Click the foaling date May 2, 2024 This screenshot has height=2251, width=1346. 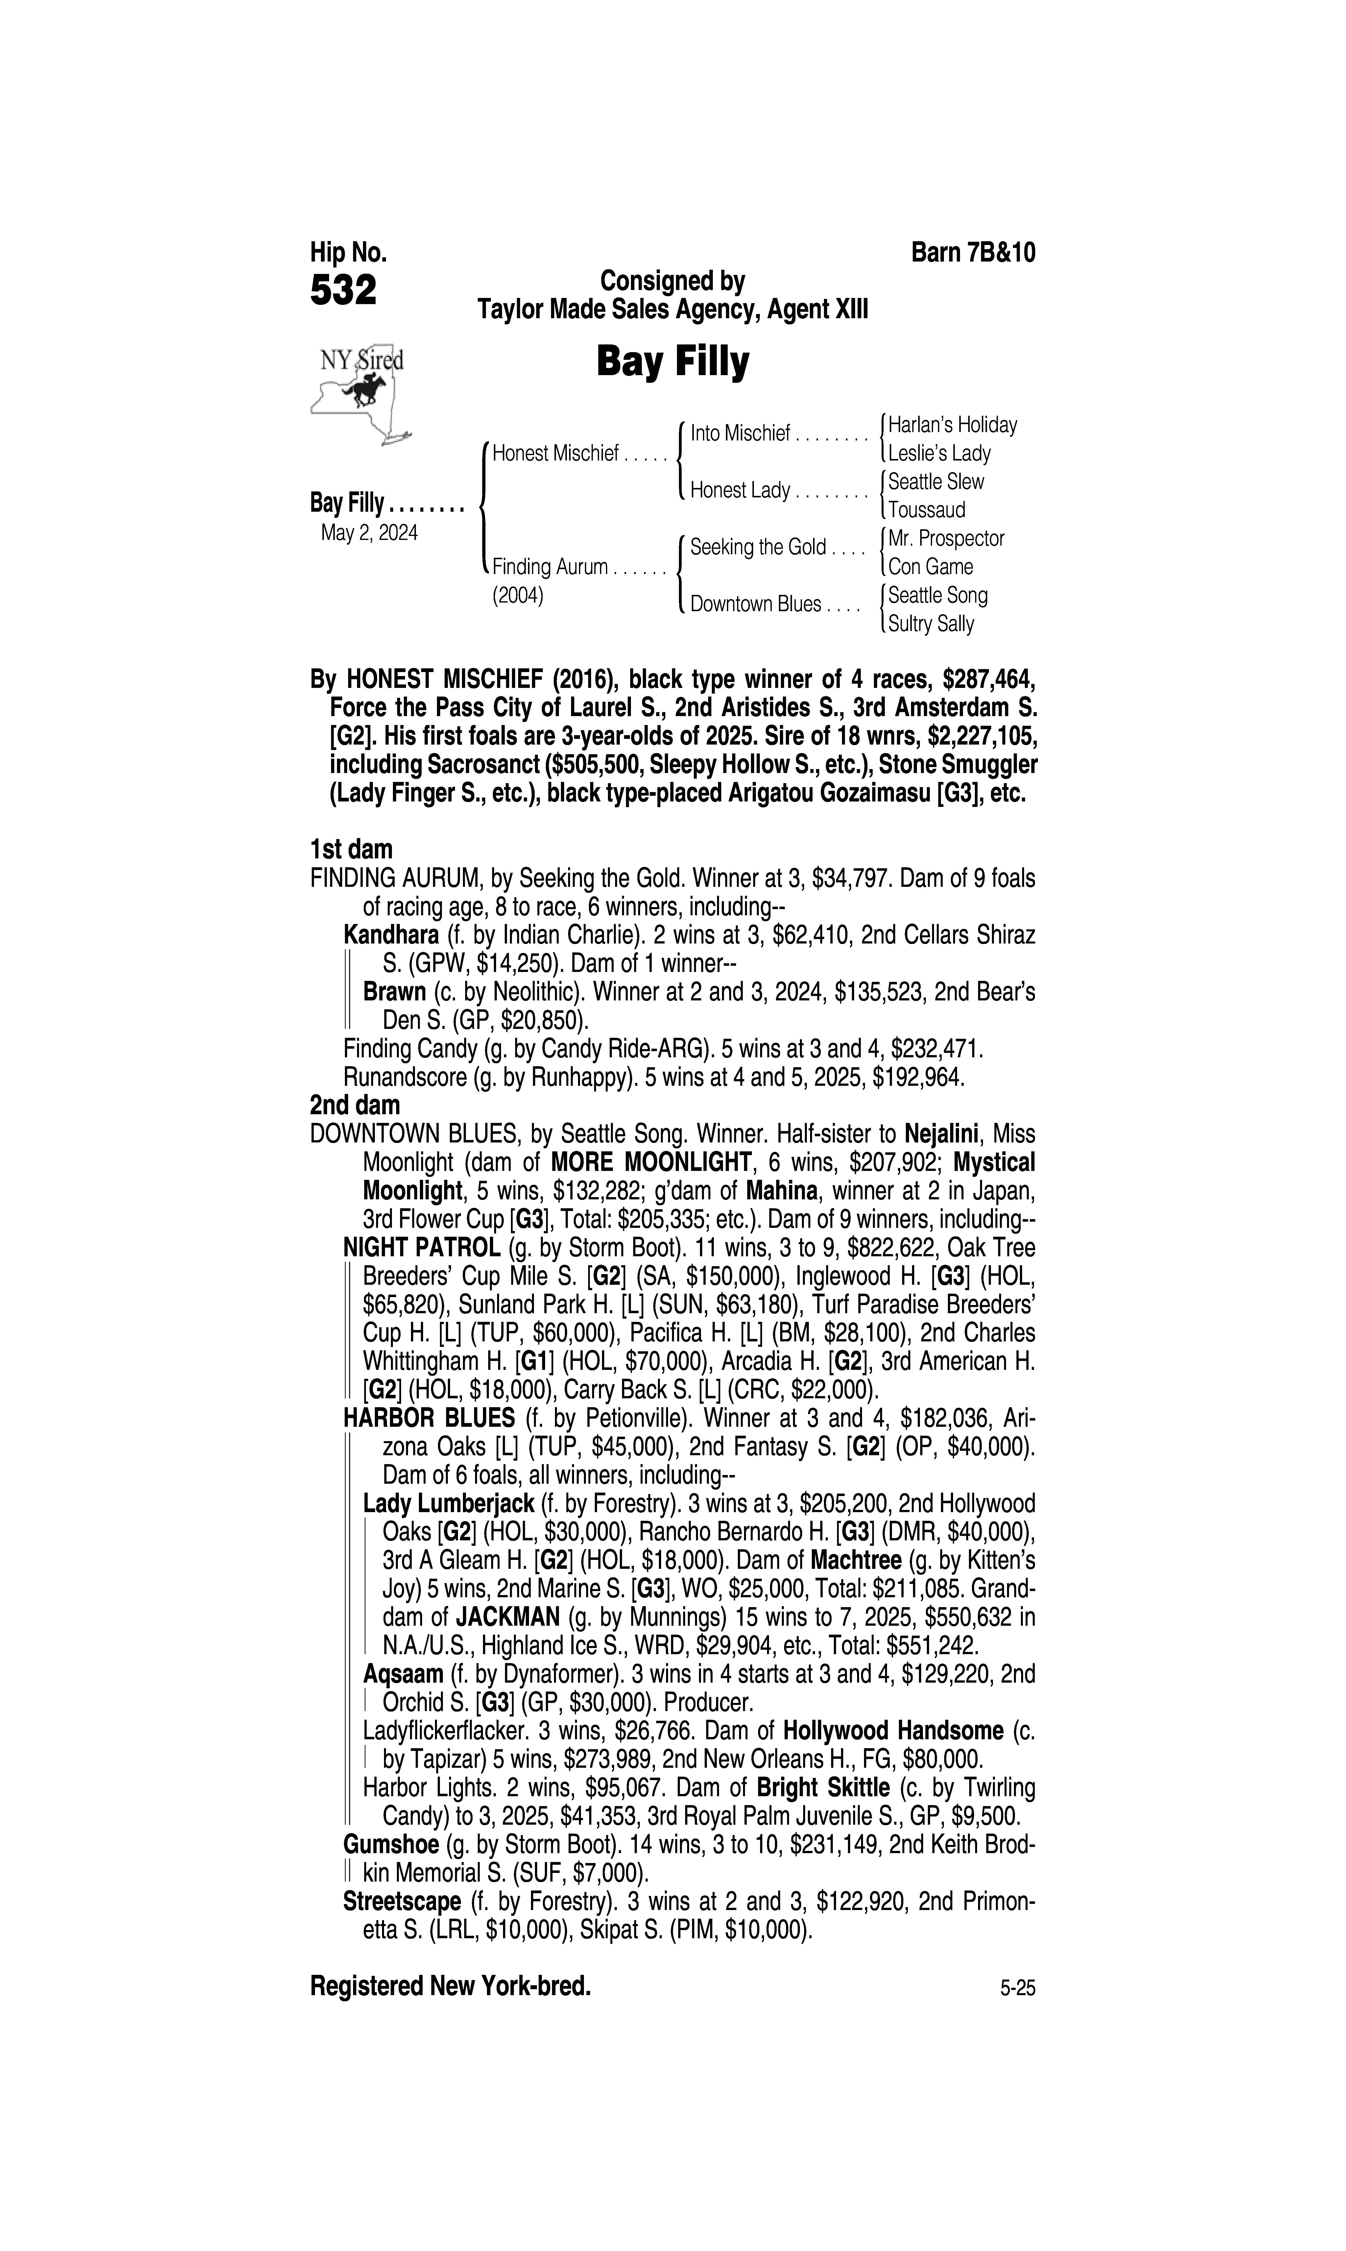(369, 533)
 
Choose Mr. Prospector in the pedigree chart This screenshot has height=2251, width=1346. (946, 539)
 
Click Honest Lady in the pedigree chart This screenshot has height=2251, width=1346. (739, 491)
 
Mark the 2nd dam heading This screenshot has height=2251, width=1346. (355, 1106)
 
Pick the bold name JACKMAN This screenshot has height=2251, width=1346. (507, 1618)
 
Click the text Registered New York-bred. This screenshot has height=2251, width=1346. (451, 1987)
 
